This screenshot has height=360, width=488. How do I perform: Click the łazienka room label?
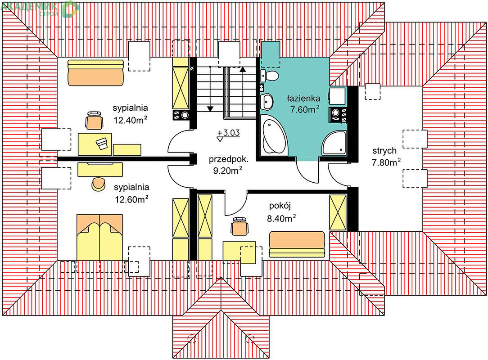(303, 99)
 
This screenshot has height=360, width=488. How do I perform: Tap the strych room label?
(384, 151)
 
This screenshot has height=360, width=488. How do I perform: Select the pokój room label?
(280, 206)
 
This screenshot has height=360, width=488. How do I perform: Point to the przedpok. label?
(229, 159)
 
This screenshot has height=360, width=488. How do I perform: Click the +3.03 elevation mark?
(229, 133)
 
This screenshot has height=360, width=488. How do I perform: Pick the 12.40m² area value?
(131, 120)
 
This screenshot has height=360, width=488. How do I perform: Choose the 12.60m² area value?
(131, 199)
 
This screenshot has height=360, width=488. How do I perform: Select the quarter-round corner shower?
(335, 143)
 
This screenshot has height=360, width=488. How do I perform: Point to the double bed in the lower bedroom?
(99, 237)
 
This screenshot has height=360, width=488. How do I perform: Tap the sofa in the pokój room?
(297, 244)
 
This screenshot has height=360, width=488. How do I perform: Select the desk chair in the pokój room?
(239, 226)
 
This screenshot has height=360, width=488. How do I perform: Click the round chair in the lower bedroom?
(99, 184)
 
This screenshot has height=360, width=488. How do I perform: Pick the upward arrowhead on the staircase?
(243, 69)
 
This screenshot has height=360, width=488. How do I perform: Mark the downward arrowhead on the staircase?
(210, 108)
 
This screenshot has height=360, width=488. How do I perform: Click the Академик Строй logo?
(40, 9)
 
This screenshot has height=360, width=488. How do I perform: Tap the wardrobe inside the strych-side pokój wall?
(338, 212)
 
